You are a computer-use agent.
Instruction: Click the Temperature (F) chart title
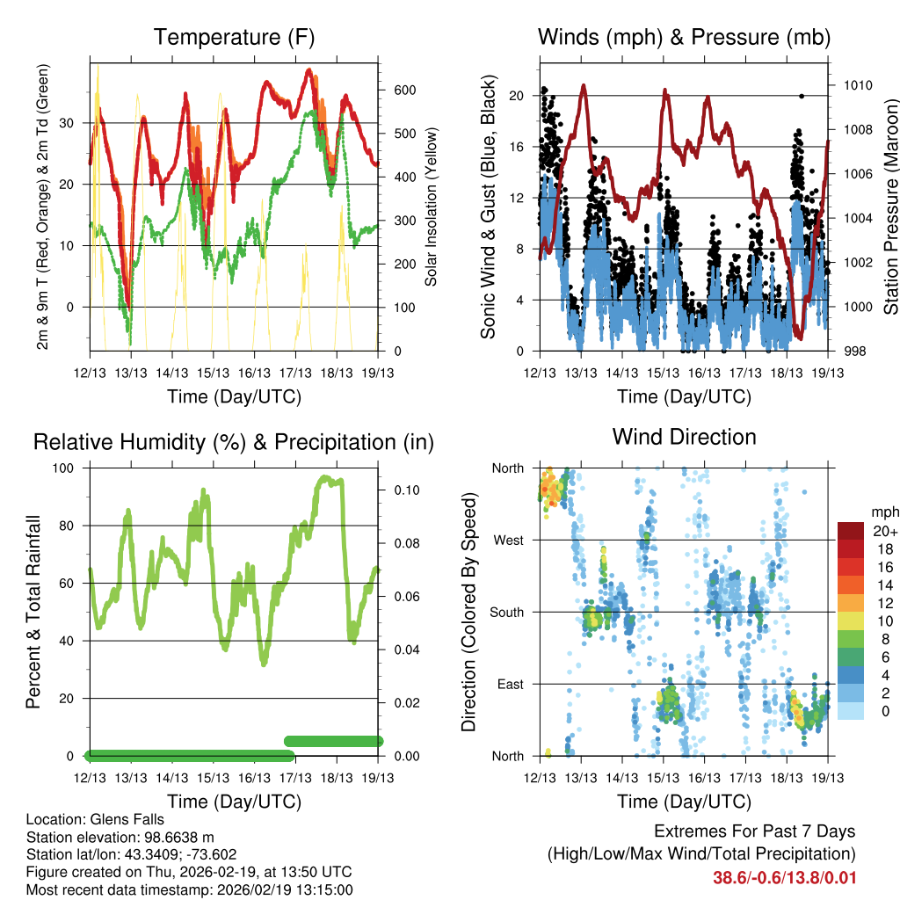[x=234, y=38]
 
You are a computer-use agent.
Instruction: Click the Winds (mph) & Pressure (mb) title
[x=684, y=38]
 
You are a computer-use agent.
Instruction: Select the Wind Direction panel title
[x=684, y=437]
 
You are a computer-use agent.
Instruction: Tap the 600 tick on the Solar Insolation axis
[x=403, y=91]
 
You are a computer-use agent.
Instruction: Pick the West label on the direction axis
[x=508, y=541]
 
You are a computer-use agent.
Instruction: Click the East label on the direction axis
[x=510, y=685]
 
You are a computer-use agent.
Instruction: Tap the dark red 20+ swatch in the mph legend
[x=851, y=531]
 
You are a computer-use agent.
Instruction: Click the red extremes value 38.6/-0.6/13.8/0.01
[x=784, y=877]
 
